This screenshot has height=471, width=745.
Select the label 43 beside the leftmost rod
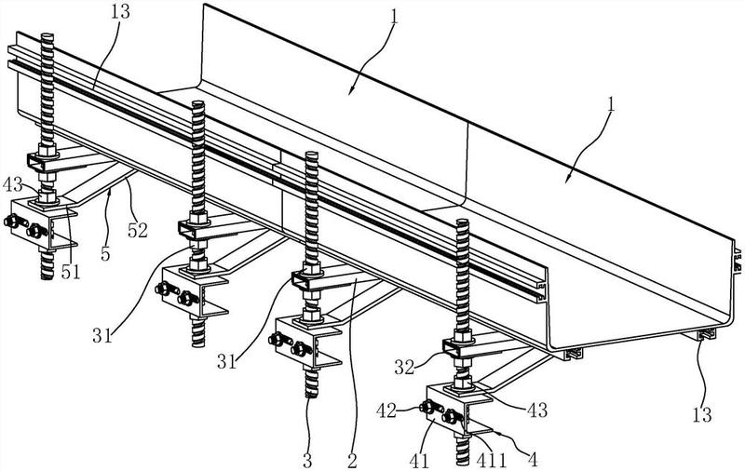12,183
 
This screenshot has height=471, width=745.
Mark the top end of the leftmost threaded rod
48,35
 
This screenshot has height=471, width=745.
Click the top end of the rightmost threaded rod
463,221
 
